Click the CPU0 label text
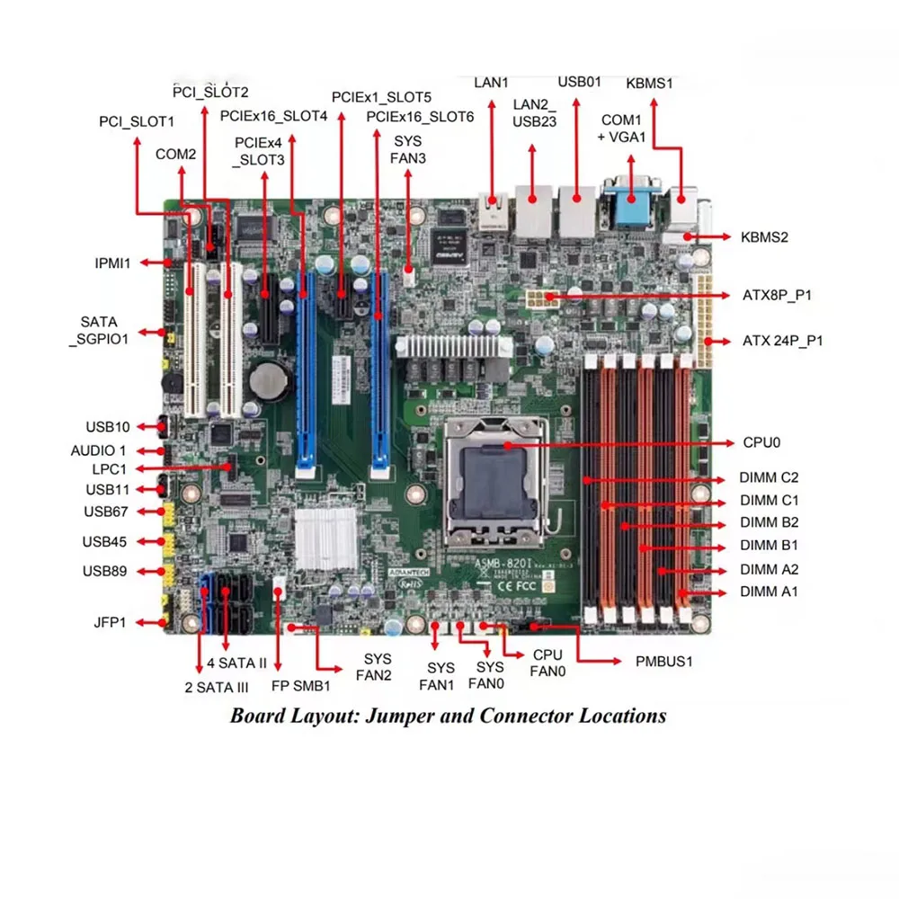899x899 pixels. click(762, 442)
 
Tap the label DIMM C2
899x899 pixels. click(770, 477)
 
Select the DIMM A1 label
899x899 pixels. click(770, 592)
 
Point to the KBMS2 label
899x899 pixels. click(764, 237)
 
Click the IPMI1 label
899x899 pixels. click(113, 263)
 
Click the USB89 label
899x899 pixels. click(105, 571)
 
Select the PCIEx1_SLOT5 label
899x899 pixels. click(381, 97)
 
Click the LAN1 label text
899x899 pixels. click(492, 83)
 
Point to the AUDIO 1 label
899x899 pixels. click(99, 450)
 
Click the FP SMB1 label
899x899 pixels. click(301, 685)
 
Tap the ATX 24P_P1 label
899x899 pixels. click(782, 341)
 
